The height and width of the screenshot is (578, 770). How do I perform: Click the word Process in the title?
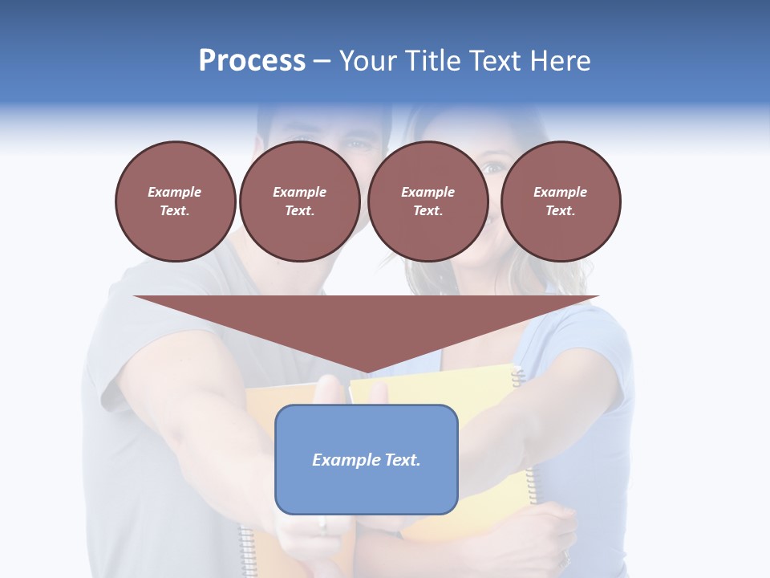(x=252, y=61)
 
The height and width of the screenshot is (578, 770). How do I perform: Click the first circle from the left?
(x=175, y=201)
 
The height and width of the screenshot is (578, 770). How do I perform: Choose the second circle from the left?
(x=299, y=201)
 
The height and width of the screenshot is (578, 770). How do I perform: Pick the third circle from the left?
(x=428, y=201)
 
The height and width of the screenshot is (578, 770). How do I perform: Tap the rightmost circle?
(x=561, y=201)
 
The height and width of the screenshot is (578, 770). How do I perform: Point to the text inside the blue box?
(x=367, y=460)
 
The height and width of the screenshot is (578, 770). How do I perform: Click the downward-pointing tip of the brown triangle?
(x=367, y=372)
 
